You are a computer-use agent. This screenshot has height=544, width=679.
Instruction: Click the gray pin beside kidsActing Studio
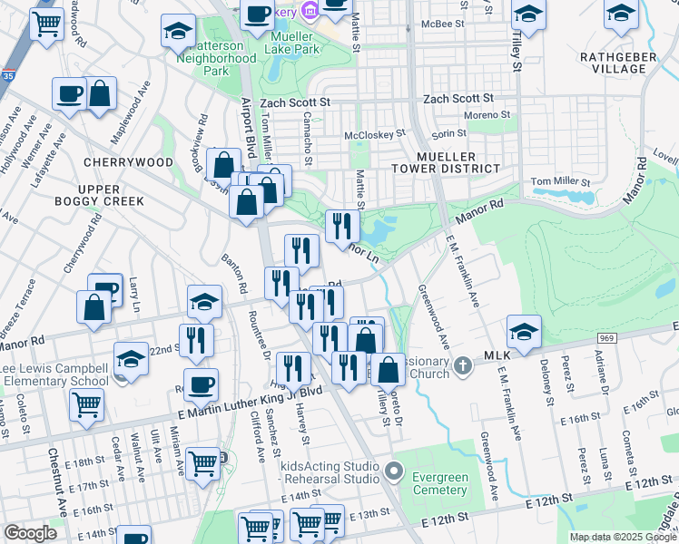[392, 471]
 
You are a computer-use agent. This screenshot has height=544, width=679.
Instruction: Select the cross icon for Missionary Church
[463, 364]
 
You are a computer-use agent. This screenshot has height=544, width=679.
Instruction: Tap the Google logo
[30, 532]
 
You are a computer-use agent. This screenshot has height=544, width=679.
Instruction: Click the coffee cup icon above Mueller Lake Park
[258, 13]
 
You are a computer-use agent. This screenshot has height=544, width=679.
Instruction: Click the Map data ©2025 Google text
[623, 537]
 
